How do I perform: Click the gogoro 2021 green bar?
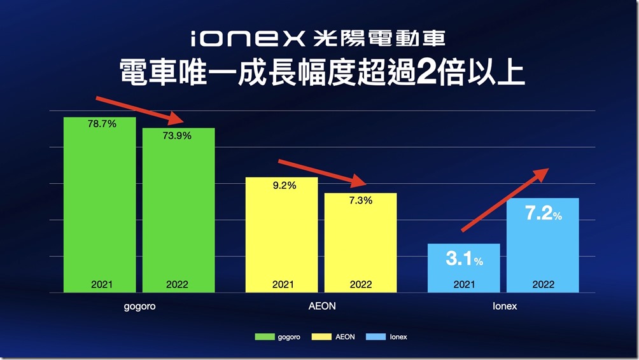pyautogui.click(x=100, y=204)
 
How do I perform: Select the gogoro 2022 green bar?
pyautogui.click(x=178, y=210)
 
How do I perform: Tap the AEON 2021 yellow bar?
pyautogui.click(x=282, y=235)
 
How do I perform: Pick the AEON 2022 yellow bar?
pyautogui.click(x=360, y=242)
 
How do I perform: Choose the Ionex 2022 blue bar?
pyautogui.click(x=542, y=248)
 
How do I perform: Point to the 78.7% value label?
pyautogui.click(x=102, y=125)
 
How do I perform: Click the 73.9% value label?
pyautogui.click(x=178, y=135)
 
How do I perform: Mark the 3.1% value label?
pyautogui.click(x=464, y=260)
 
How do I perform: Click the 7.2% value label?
pyautogui.click(x=543, y=214)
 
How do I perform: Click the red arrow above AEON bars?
pyautogui.click(x=321, y=173)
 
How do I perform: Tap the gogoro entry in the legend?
pyautogui.click(x=272, y=336)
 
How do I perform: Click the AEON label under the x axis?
pyautogui.click(x=321, y=306)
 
